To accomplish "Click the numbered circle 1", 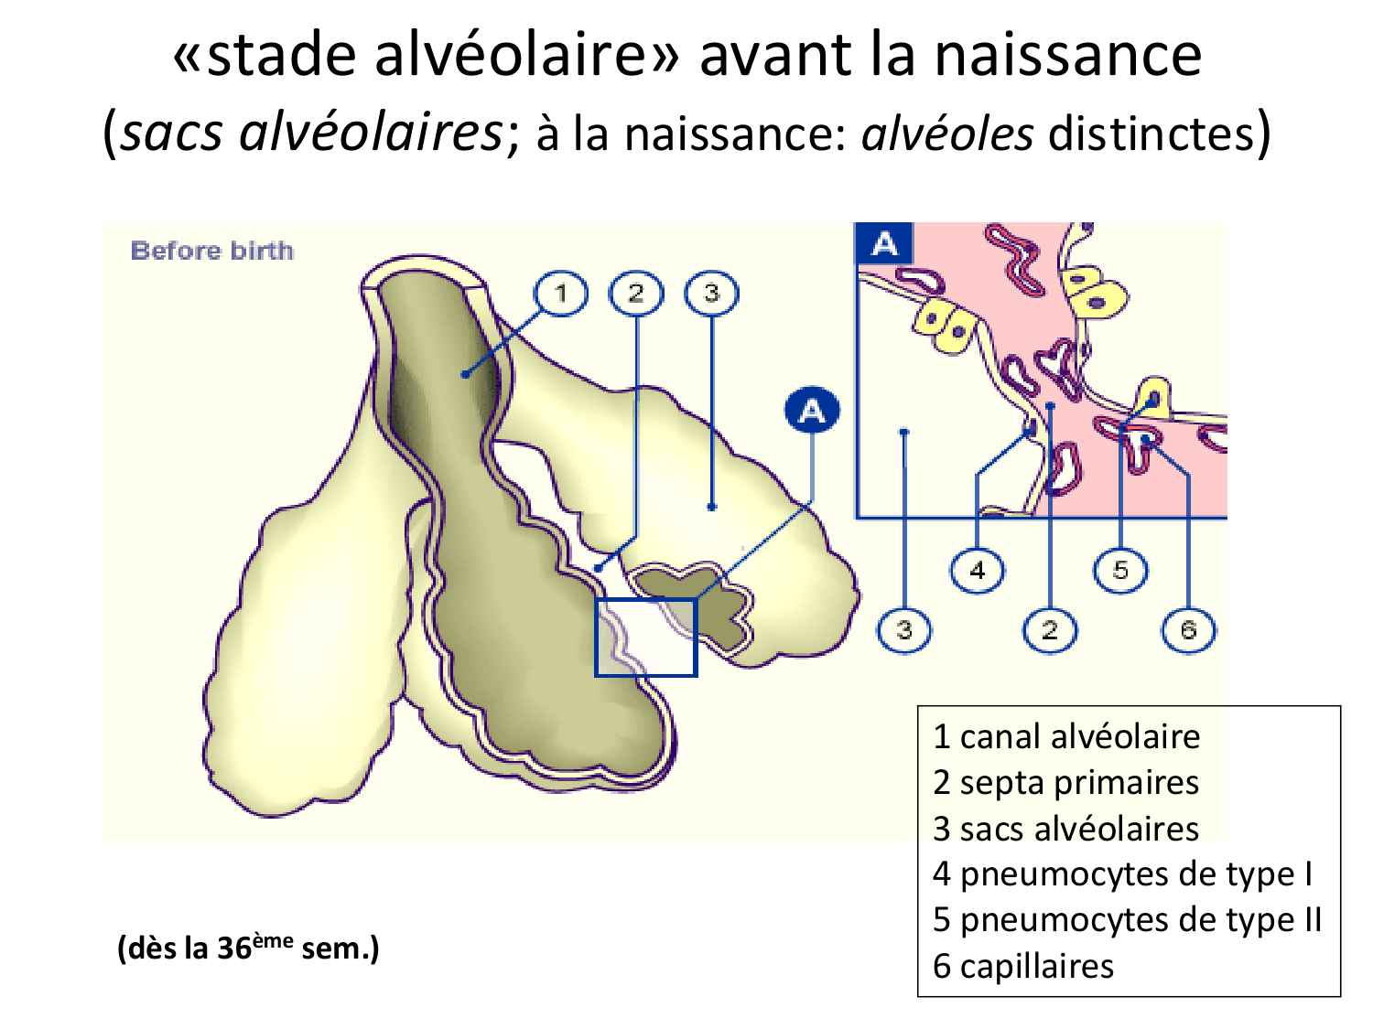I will pos(560,294).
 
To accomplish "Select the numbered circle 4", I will pos(977,571).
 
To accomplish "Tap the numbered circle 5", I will pos(1120,571).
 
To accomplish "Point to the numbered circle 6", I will pos(1188,630).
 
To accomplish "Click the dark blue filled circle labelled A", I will pos(812,412).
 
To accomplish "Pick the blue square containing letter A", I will pos(883,244).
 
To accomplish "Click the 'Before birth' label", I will pos(211,251).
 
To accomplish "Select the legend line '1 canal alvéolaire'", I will pos(1066,736).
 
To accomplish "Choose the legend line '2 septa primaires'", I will pos(1066,783).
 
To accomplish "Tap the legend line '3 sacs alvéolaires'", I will pos(1066,829).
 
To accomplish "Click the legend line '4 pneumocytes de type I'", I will pos(1122,874).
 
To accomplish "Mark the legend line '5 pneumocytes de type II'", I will pos(1128,920).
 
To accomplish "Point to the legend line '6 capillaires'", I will pos(1023,966).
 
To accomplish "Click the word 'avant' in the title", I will pos(775,55).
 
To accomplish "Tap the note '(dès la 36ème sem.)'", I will pos(248,948).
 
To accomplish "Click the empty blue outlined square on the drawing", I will pos(646,638).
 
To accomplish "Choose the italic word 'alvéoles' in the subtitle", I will pos(947,134).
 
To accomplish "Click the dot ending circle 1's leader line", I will pos(466,374).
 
